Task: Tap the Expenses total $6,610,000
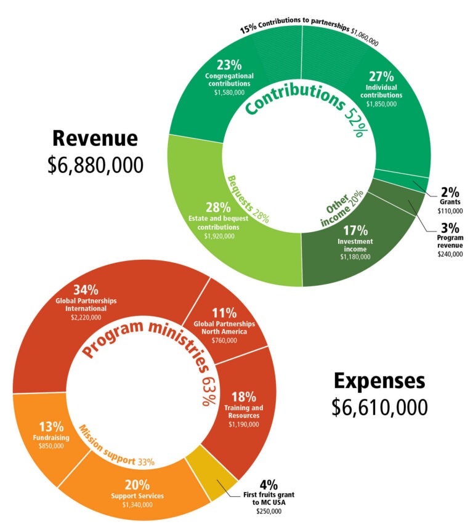click(x=379, y=406)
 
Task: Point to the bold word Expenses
click(x=379, y=381)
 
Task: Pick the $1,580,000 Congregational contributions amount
click(x=229, y=92)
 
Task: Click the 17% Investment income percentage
click(x=355, y=230)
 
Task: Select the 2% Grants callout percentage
click(x=450, y=191)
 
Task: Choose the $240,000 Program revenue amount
click(x=450, y=254)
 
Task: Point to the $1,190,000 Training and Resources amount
click(x=244, y=424)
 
